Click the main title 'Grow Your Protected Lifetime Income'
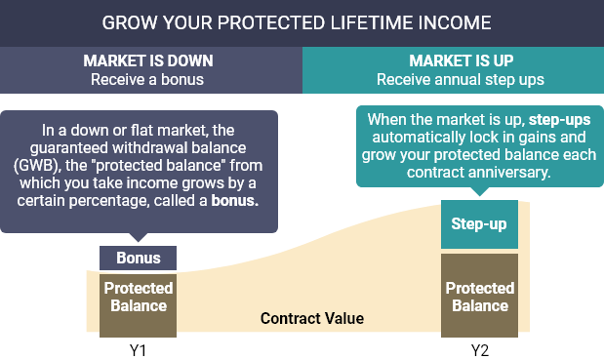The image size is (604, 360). coord(302,21)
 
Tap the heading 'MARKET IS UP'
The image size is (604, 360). coord(454,60)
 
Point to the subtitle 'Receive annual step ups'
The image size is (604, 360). coord(454,78)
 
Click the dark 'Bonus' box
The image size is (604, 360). coord(138,260)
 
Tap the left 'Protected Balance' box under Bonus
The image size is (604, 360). coord(138,297)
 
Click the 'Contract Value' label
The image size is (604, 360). coord(311,319)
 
